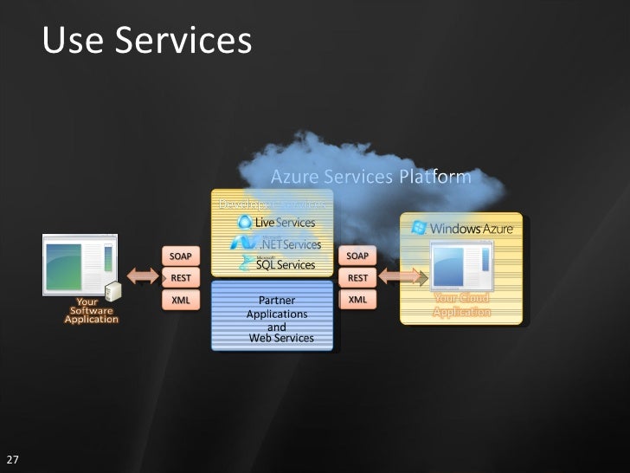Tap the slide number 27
[x=13, y=458]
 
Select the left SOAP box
[x=181, y=256]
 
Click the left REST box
[x=181, y=278]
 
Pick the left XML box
[x=181, y=300]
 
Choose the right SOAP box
[x=357, y=256]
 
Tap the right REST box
[x=357, y=278]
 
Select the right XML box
[x=357, y=300]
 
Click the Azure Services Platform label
[x=371, y=178]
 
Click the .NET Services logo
[x=275, y=243]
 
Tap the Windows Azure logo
[x=464, y=229]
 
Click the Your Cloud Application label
[x=461, y=305]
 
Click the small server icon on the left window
[x=112, y=289]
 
